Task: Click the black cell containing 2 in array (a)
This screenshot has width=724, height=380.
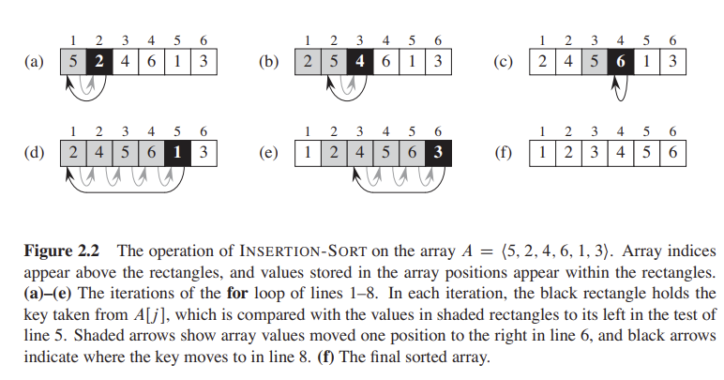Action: [99, 63]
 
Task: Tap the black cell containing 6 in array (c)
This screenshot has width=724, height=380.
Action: [620, 63]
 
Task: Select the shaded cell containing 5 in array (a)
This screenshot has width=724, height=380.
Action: [73, 63]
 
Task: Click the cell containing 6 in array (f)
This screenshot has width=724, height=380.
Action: [672, 151]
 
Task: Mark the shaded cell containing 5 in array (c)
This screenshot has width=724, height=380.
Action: [594, 63]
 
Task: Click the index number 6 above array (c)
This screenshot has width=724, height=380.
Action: [672, 40]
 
